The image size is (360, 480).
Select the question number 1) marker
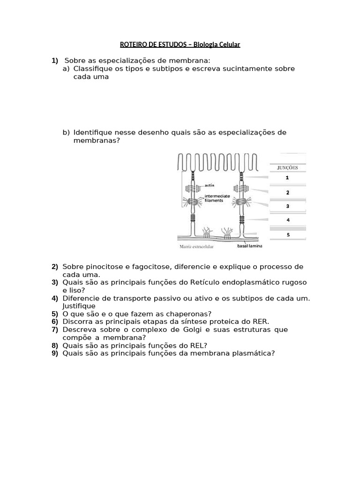point(55,61)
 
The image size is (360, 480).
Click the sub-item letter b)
point(66,132)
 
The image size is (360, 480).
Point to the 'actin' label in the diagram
point(210,185)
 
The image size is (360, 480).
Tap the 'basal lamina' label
point(249,245)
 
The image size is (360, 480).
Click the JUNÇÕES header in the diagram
point(287,167)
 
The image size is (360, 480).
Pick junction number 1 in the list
point(287,178)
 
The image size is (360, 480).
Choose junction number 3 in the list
point(287,206)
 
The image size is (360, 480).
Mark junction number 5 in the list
point(287,234)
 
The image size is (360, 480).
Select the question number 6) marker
point(55,322)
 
